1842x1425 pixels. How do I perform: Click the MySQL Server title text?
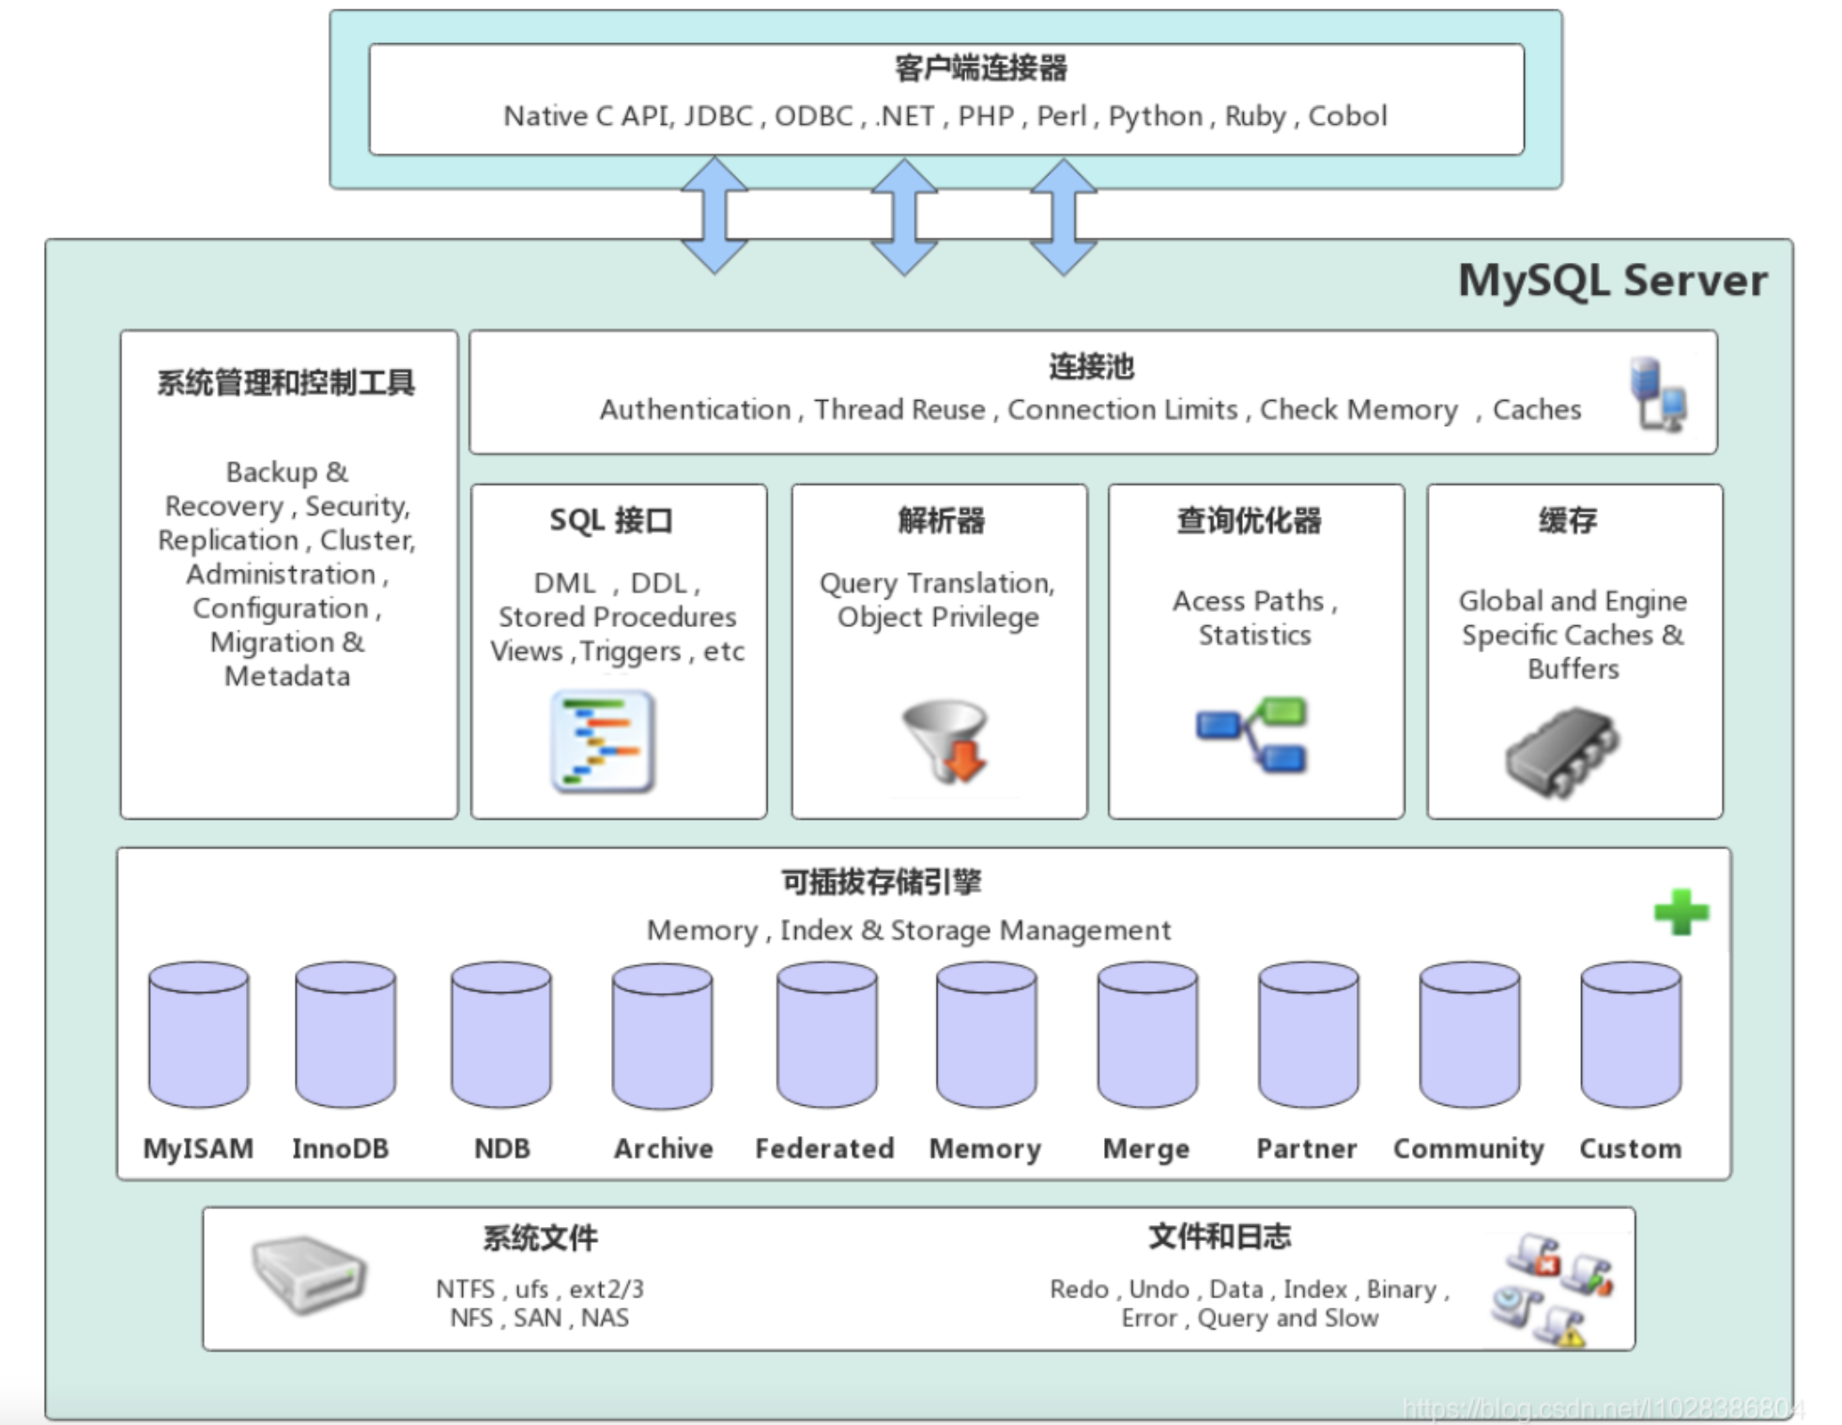[x=1611, y=281]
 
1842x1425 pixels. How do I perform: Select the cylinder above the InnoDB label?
[x=345, y=1034]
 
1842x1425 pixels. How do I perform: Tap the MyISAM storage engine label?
[x=198, y=1148]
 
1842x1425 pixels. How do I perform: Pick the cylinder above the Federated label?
[x=826, y=1034]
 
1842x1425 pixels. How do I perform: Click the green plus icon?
[x=1681, y=912]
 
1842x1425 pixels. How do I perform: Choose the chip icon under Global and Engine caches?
[x=1561, y=752]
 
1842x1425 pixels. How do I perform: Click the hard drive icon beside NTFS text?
[x=309, y=1273]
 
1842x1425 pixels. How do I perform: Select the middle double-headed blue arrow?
[x=903, y=217]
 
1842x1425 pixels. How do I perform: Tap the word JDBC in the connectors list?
[x=718, y=116]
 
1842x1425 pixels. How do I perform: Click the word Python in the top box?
[x=1155, y=116]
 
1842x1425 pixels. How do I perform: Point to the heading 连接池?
[x=1091, y=366]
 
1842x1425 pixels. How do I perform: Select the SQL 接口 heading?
[x=611, y=520]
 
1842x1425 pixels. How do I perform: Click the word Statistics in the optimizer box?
[x=1254, y=636]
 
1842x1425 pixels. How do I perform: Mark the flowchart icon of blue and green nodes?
[x=1251, y=733]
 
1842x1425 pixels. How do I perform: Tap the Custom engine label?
[x=1630, y=1148]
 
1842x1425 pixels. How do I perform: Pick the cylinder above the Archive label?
[x=662, y=1034]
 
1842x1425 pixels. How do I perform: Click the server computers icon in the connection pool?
[x=1658, y=394]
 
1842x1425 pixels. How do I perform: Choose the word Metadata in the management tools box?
[x=287, y=676]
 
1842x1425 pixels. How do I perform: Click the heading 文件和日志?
[x=1220, y=1236]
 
